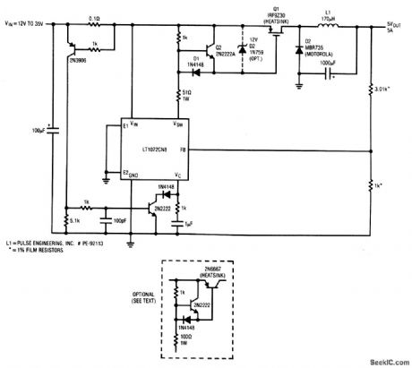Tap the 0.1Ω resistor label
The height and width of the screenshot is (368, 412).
(x=92, y=16)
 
